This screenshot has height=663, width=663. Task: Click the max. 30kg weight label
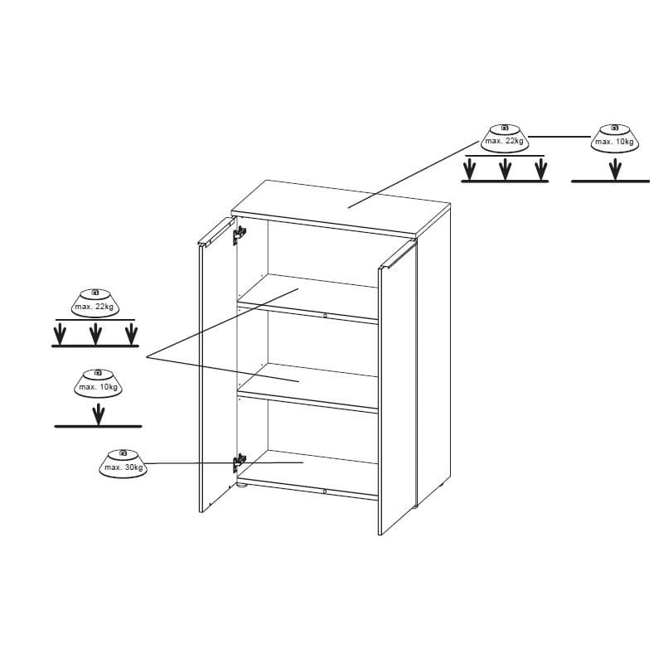pyautogui.click(x=123, y=464)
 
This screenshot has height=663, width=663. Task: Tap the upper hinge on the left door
pyautogui.click(x=240, y=235)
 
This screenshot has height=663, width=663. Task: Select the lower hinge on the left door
pyautogui.click(x=240, y=463)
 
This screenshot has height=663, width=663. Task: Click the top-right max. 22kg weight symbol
pyautogui.click(x=505, y=138)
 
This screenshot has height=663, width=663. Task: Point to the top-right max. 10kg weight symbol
pyautogui.click(x=615, y=138)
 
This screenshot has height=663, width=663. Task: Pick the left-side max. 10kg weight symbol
pyautogui.click(x=98, y=384)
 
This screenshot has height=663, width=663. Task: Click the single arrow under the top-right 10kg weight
pyautogui.click(x=616, y=169)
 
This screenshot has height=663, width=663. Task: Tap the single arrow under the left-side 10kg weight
pyautogui.click(x=99, y=414)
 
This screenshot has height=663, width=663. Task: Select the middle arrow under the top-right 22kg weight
pyautogui.click(x=506, y=169)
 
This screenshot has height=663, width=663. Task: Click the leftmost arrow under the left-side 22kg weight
pyautogui.click(x=60, y=334)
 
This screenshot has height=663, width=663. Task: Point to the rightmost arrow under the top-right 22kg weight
pyautogui.click(x=541, y=169)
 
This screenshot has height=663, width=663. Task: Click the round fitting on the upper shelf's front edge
pyautogui.click(x=325, y=316)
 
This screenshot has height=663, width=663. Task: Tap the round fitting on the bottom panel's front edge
pyautogui.click(x=324, y=491)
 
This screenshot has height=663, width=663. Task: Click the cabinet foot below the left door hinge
pyautogui.click(x=241, y=486)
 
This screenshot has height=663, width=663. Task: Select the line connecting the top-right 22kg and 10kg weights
pyautogui.click(x=560, y=137)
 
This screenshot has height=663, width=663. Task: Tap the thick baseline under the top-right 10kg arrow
pyautogui.click(x=610, y=181)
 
